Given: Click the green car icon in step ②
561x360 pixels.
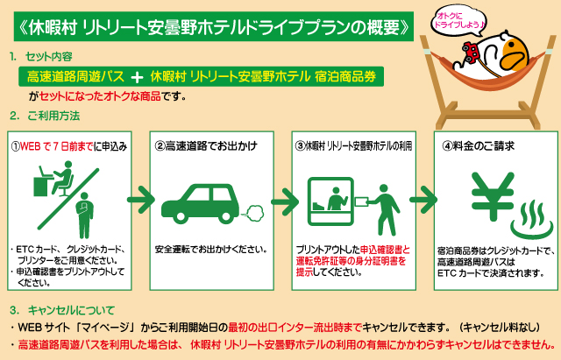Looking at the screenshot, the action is click(x=201, y=204).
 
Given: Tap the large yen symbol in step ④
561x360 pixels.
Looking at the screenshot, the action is click(x=493, y=196).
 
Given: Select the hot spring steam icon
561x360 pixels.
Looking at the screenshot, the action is click(x=533, y=220).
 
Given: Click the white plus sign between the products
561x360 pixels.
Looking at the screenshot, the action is click(x=137, y=77).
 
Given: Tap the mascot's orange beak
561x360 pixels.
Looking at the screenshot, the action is click(x=515, y=53).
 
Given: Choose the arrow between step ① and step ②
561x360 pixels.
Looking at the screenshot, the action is click(x=141, y=200).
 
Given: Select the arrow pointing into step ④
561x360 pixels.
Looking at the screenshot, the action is click(x=423, y=200).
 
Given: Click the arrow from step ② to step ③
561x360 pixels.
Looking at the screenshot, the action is click(x=285, y=202).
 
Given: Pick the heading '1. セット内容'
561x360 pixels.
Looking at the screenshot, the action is click(x=41, y=56).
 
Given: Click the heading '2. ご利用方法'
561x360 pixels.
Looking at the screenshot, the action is click(x=45, y=116).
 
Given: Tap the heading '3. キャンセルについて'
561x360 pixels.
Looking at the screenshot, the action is click(x=62, y=310).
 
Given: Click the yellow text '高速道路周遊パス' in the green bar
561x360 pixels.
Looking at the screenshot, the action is click(x=75, y=77).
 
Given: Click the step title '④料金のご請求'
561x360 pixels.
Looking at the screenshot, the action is click(x=478, y=146).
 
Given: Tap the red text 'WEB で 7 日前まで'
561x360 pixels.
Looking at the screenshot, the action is click(x=57, y=146).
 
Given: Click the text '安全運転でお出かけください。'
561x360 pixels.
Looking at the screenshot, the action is click(x=211, y=249).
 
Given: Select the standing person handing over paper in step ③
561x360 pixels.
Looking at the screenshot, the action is click(x=385, y=209).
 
